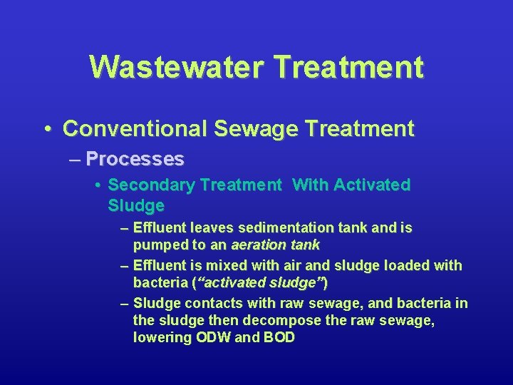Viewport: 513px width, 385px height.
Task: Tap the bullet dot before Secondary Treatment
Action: click(98, 185)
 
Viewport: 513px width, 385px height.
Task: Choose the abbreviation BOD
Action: click(279, 338)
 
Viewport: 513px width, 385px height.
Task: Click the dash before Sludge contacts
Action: click(125, 304)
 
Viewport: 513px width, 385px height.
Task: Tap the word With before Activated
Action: click(311, 185)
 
